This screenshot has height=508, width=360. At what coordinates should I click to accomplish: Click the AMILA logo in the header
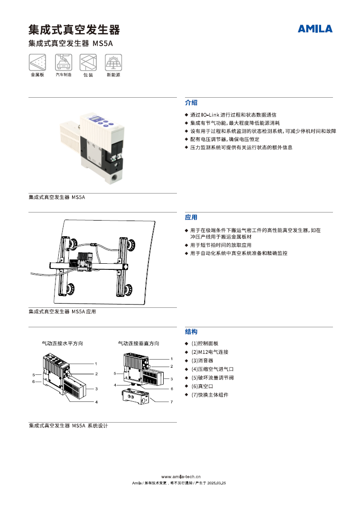315,29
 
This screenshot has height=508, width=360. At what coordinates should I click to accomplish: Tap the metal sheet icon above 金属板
37,62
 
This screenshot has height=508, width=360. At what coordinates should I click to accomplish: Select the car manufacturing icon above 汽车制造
63,62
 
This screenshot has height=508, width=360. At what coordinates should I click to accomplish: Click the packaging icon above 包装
88,62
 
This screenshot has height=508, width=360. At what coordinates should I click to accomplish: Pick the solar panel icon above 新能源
113,62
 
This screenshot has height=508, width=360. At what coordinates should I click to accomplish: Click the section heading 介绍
191,103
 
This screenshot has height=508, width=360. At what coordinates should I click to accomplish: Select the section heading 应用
191,218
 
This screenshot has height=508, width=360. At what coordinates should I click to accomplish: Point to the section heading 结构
191,332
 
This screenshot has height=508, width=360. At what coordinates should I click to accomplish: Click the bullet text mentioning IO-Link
233,115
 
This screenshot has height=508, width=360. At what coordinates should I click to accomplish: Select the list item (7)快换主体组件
210,395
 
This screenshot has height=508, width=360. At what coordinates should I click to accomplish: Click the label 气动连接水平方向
63,343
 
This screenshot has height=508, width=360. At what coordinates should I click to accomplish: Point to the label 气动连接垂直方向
138,343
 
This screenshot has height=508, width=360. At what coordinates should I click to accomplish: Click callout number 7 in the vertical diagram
172,402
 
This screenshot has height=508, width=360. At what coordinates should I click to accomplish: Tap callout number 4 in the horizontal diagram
96,402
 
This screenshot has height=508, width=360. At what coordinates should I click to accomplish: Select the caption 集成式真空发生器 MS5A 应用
62,312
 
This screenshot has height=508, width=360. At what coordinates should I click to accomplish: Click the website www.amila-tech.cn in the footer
181,477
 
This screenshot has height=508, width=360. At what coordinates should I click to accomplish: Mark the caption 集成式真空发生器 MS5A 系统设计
68,426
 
